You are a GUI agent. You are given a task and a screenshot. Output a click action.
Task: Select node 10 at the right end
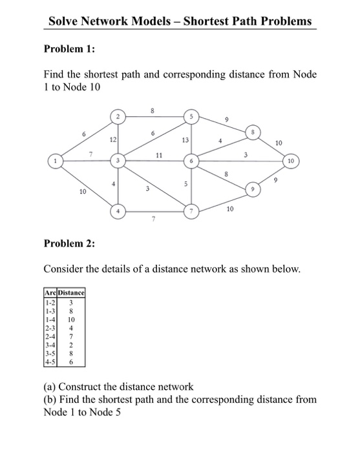[x=291, y=159]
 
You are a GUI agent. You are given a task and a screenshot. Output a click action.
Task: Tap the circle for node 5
[x=192, y=117]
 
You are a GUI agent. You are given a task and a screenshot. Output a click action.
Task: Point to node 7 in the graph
[x=192, y=211]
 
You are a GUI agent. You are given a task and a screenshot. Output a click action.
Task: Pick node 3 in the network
[x=118, y=159]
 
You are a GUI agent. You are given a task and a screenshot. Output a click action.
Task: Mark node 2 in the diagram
[x=118, y=117]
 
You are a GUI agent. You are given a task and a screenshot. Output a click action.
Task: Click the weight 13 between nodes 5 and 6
[x=185, y=139]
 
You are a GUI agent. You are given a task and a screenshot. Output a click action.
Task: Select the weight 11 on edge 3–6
[x=159, y=155]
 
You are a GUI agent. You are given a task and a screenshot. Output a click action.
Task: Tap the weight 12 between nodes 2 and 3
[x=112, y=139]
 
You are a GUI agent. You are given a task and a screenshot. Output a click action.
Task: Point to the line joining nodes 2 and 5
[x=155, y=117]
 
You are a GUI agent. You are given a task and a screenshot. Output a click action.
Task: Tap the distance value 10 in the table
[x=72, y=319]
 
